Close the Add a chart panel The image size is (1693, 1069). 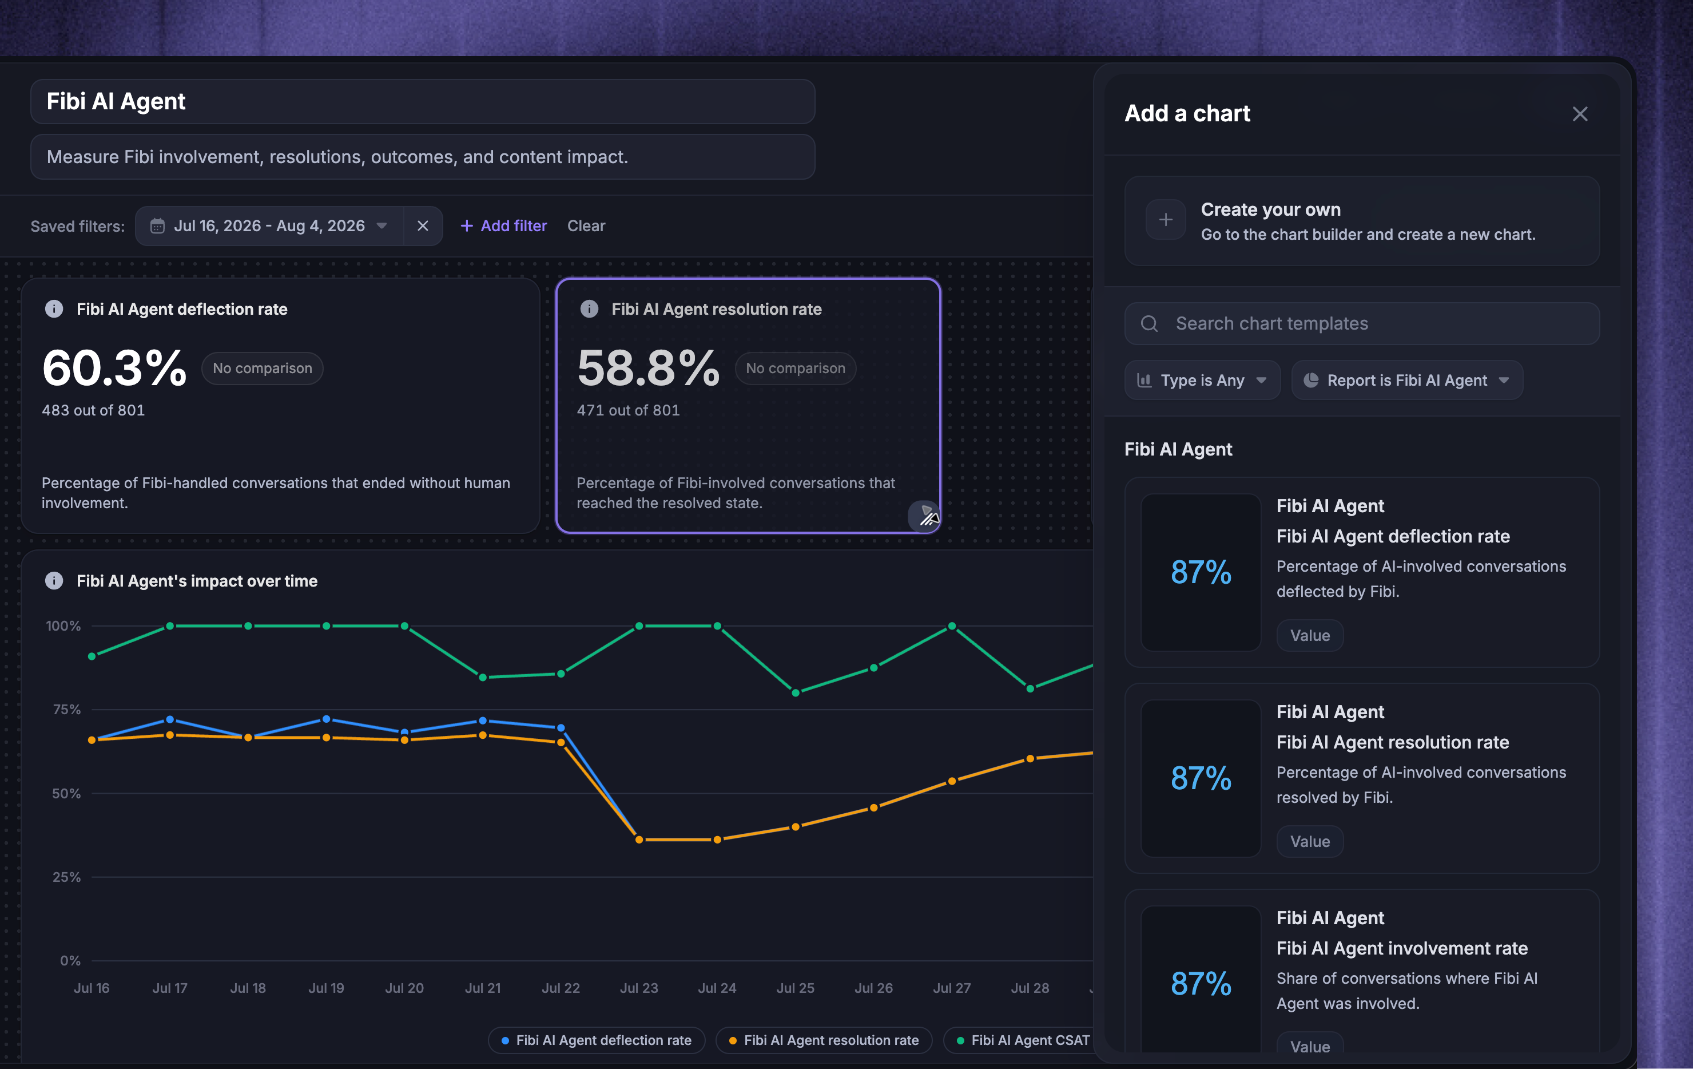point(1580,114)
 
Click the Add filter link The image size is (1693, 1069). point(503,225)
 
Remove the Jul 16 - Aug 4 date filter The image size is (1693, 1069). point(423,225)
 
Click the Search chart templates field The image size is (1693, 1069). point(1362,323)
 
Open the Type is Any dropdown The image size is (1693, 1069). point(1202,381)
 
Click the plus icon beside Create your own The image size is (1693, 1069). point(1166,220)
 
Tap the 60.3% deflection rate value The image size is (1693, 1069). point(114,368)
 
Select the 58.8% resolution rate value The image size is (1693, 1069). point(648,368)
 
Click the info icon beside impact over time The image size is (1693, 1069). point(54,581)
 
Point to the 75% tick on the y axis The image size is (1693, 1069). point(67,710)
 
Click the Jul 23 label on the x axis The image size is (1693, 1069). point(639,988)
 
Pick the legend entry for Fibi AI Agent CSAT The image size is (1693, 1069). point(1023,1040)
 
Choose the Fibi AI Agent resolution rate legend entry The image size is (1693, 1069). point(824,1040)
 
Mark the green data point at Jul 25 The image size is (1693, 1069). point(795,693)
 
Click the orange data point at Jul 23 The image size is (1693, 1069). point(639,840)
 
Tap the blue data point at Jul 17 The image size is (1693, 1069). point(169,719)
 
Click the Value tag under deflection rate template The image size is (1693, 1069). point(1310,636)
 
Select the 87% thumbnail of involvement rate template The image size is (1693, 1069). point(1201,983)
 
